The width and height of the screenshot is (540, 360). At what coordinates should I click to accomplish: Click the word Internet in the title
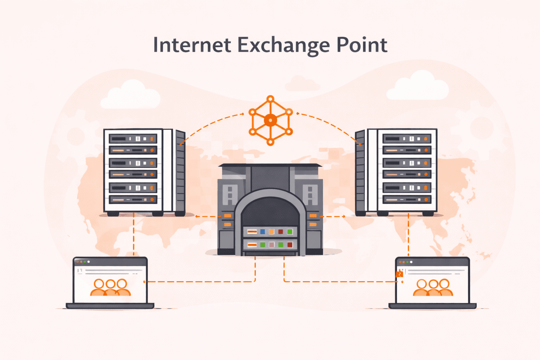[x=192, y=45]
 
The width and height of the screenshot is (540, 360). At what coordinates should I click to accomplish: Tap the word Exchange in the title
[x=283, y=46]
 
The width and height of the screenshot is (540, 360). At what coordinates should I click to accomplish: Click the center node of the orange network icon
[x=270, y=120]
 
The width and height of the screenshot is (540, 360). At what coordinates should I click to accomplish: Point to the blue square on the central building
[x=262, y=232]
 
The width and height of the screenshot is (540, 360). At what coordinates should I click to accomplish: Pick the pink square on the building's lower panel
[x=271, y=245]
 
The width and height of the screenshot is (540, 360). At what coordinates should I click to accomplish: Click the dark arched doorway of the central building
[x=270, y=211]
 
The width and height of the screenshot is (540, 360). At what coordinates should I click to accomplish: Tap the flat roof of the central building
[x=270, y=165]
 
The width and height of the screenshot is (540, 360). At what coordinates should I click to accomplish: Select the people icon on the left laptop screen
[x=110, y=287]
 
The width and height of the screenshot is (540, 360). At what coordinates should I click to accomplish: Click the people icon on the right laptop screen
[x=433, y=287]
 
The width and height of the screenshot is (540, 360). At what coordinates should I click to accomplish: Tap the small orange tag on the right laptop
[x=399, y=274]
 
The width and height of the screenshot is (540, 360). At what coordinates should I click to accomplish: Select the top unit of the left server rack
[x=133, y=139]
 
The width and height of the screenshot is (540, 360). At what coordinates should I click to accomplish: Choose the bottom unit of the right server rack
[x=407, y=199]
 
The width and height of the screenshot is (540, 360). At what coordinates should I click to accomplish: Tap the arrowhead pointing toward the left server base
[x=197, y=216]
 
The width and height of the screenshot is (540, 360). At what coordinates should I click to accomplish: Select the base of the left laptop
[x=110, y=306]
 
